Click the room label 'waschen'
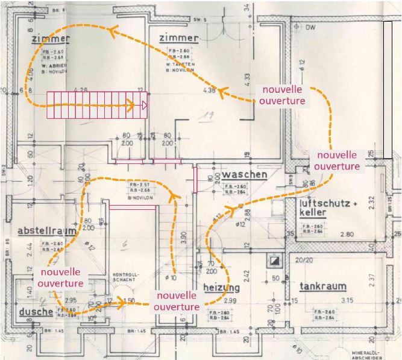pos(244,175)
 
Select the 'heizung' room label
pos(221,288)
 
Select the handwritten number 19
pos(209,116)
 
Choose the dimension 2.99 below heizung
pos(230,300)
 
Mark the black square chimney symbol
pos(275,261)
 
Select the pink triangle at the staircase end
pos(145,106)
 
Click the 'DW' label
pos(311,28)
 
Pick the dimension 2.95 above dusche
pos(71,300)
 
